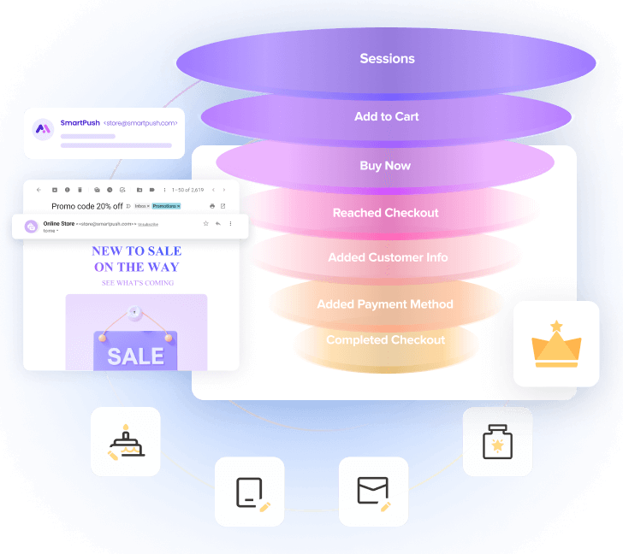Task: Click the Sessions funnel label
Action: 387,59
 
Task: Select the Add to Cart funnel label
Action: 387,116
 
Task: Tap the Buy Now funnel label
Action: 385,166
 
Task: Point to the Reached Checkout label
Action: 385,213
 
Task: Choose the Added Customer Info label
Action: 388,257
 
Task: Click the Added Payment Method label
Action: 385,304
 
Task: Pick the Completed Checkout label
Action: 385,340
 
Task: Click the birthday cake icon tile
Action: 126,442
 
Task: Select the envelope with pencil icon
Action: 373,492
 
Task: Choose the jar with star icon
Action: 497,442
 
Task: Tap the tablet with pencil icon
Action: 250,492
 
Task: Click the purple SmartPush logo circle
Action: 43,130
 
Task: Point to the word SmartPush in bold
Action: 80,123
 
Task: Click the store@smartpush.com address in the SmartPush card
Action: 140,123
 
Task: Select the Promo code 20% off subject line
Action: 87,206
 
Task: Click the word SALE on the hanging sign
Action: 136,356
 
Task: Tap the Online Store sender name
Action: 58,224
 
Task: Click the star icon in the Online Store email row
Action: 205,223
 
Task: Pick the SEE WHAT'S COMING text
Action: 137,282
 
